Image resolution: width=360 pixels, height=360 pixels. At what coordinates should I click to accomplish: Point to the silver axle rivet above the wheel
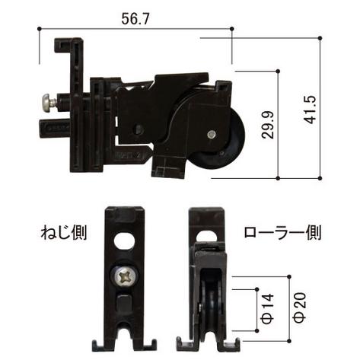point(210,135)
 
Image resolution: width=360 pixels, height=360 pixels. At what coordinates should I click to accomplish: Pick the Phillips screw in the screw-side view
point(125,276)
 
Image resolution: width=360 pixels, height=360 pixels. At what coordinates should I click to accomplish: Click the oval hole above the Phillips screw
point(126,243)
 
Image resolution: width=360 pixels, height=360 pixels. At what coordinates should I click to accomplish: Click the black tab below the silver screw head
point(50,126)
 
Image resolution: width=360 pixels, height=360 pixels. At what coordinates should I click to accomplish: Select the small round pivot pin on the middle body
point(139,129)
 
